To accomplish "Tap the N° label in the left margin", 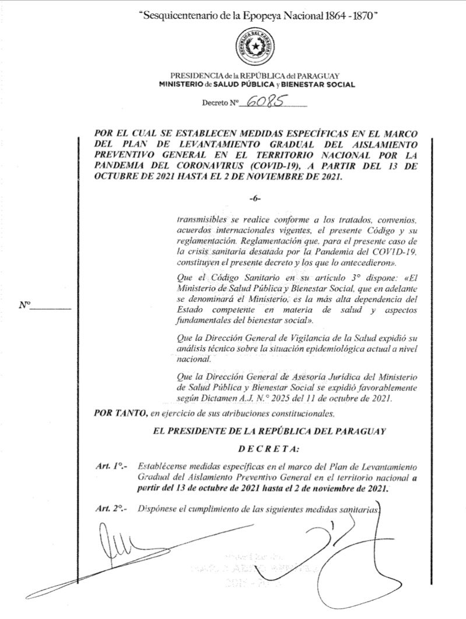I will click(24, 305).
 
